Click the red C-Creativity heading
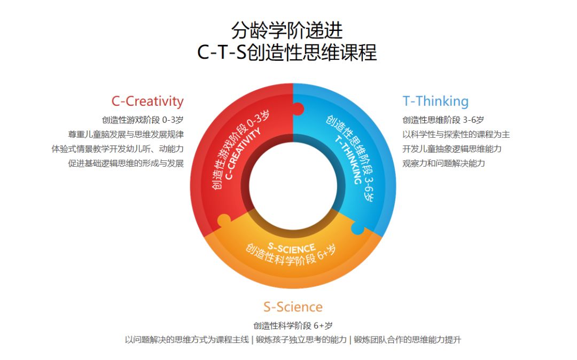[x=147, y=101]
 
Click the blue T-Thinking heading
[x=435, y=101]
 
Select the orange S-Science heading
[x=293, y=307]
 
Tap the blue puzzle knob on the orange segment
[x=357, y=229]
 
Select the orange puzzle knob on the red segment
[x=224, y=220]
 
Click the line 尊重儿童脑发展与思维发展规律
[x=126, y=134]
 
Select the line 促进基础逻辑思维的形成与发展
[x=126, y=163]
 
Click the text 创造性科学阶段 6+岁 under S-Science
[x=293, y=325]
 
